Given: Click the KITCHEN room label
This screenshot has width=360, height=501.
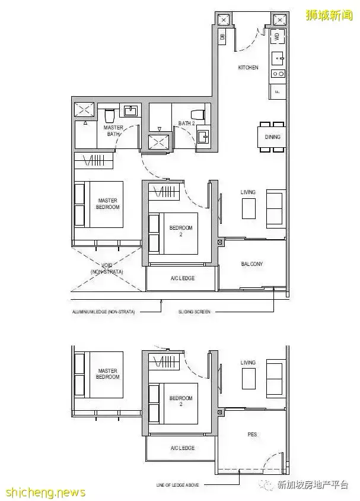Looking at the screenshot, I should pyautogui.click(x=248, y=68).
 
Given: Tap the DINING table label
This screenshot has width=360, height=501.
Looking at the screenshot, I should pyautogui.click(x=273, y=137).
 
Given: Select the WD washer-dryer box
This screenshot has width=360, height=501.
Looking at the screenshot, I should pyautogui.click(x=277, y=36).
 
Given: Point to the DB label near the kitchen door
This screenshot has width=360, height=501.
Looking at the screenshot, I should pyautogui.click(x=222, y=37).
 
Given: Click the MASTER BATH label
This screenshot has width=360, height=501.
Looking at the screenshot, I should pyautogui.click(x=113, y=131).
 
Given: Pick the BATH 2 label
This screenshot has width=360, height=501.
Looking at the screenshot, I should pyautogui.click(x=187, y=123).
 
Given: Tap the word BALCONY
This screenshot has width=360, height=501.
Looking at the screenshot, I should pyautogui.click(x=252, y=264).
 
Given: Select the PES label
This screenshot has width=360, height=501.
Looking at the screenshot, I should pyautogui.click(x=252, y=435).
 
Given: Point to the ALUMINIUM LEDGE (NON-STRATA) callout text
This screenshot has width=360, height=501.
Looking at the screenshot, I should pyautogui.click(x=104, y=311).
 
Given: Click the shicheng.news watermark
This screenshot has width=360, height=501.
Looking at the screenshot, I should pyautogui.click(x=45, y=493).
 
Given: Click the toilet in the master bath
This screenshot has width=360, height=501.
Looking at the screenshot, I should pyautogui.click(x=109, y=113).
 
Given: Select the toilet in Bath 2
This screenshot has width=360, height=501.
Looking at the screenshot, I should pyautogui.click(x=197, y=113).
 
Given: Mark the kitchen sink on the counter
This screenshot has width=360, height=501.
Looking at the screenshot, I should pyautogui.click(x=278, y=58).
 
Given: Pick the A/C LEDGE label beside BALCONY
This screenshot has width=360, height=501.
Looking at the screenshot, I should pyautogui.click(x=182, y=278).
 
